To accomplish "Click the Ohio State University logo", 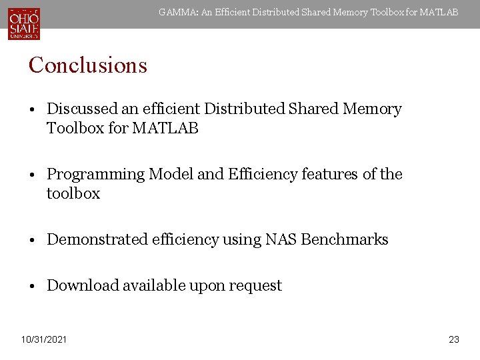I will point(24,23).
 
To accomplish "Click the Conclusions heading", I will point(87,65).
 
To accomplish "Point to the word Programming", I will point(95,174).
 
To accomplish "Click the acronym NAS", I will point(280,239).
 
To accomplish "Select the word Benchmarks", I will point(345,239).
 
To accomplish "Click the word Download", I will point(77,285).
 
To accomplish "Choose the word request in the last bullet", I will point(255,286).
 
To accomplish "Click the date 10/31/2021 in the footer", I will point(43,340).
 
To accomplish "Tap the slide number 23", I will point(454,340).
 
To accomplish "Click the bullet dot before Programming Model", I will point(32,175).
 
